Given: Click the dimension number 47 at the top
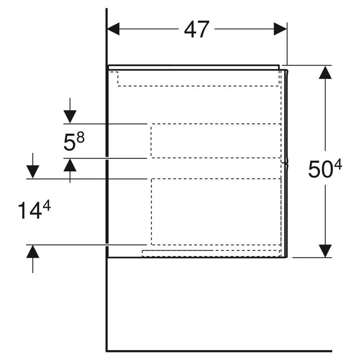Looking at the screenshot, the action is [x=197, y=30].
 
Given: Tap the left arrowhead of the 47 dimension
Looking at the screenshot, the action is [x=113, y=29].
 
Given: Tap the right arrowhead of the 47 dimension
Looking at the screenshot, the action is [x=280, y=29].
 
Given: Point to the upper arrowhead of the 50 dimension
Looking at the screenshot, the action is [x=325, y=72].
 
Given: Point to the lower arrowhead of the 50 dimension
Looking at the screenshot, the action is [x=325, y=251].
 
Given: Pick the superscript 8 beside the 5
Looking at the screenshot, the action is [x=80, y=138].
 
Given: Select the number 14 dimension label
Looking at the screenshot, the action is [x=30, y=211].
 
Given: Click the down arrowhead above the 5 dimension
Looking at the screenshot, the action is [x=70, y=117].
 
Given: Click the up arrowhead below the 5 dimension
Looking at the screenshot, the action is [x=70, y=165].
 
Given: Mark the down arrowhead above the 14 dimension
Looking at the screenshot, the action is [x=33, y=172].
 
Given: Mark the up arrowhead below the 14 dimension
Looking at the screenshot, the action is [x=33, y=252].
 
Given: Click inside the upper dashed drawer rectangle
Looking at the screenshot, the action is [x=216, y=141].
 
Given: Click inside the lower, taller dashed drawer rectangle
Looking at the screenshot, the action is [x=216, y=212].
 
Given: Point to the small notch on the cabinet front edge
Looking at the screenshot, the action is [x=286, y=163].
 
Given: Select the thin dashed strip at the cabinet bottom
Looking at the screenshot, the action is [x=211, y=253].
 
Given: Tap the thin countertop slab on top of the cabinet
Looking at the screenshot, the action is [x=194, y=67].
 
